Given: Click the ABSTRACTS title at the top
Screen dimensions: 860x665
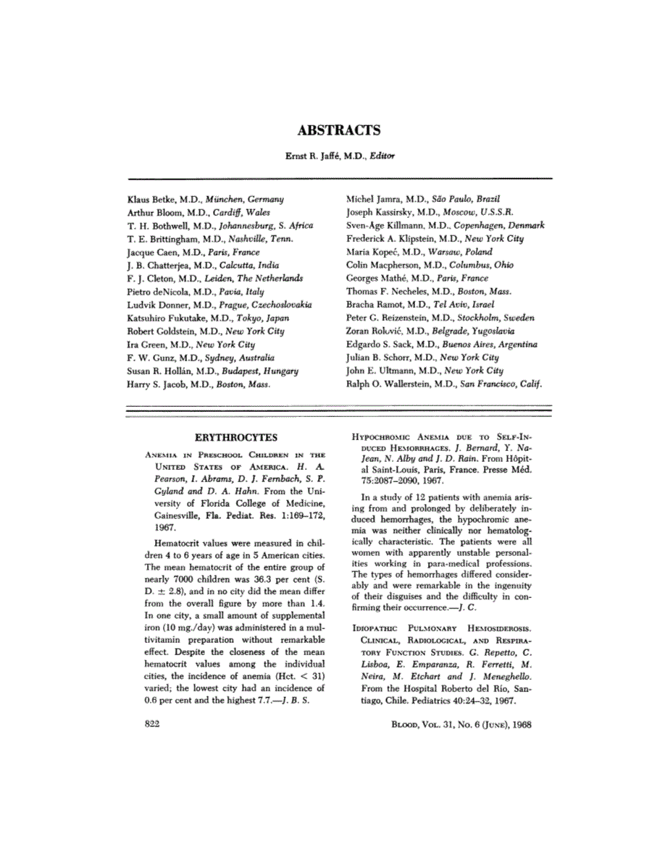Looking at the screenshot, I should click(339, 131).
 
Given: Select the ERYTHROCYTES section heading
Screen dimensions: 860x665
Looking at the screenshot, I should click(235, 437).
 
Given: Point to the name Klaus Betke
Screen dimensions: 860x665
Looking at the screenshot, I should click(152, 198).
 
